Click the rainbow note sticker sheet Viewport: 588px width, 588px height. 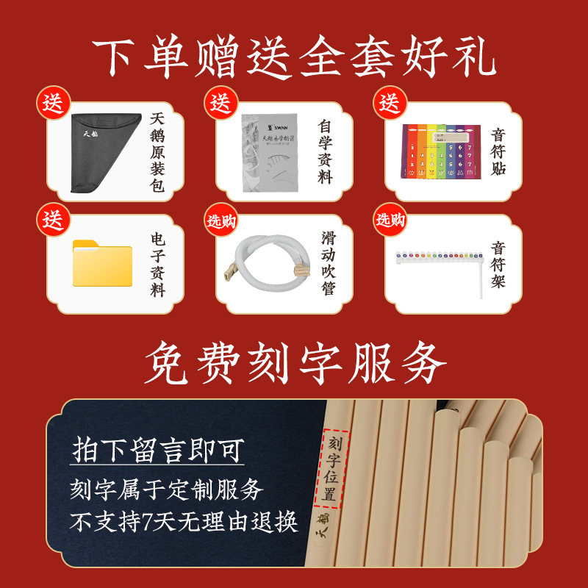(x=439, y=151)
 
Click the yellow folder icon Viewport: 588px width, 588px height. (x=102, y=262)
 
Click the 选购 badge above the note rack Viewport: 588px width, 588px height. (x=390, y=220)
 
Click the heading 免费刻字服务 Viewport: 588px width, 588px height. (x=294, y=362)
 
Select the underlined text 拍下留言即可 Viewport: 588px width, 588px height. (x=157, y=451)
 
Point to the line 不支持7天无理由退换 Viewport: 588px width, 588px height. (x=184, y=523)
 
